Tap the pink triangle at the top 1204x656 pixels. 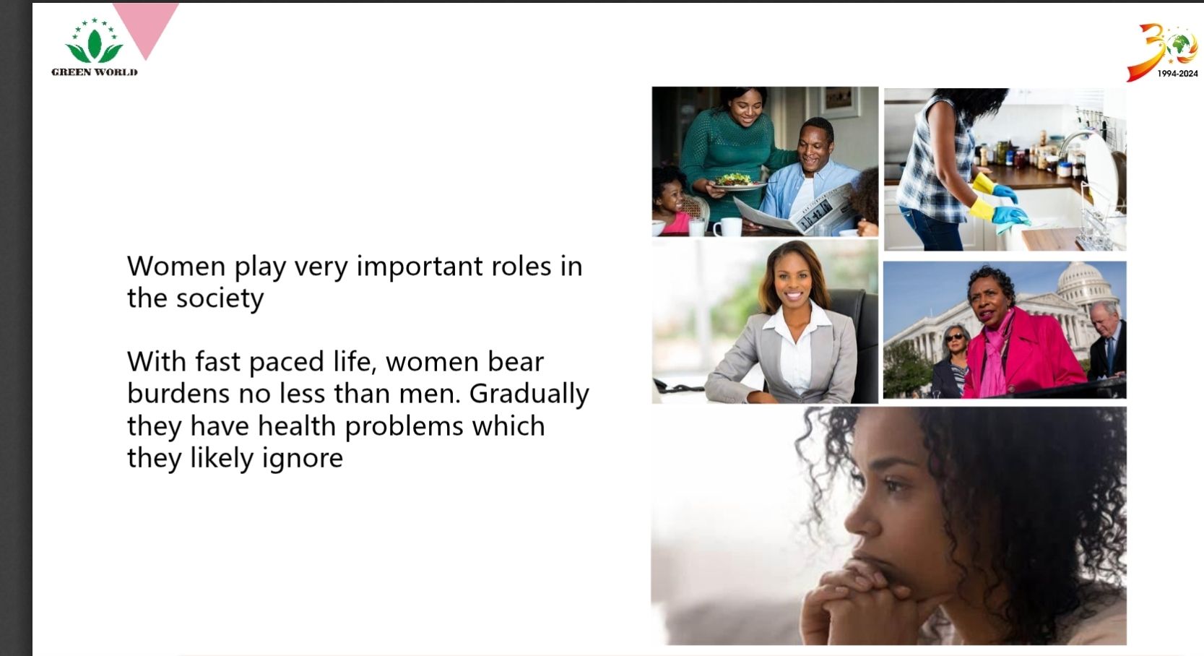[x=145, y=24]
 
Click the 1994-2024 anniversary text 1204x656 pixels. [x=1177, y=74]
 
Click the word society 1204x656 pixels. [x=220, y=299]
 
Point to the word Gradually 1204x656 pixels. [x=529, y=394]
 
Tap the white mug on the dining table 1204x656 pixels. [x=727, y=226]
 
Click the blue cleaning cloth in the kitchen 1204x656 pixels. [x=1010, y=220]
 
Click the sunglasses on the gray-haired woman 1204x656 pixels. [x=954, y=337]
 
